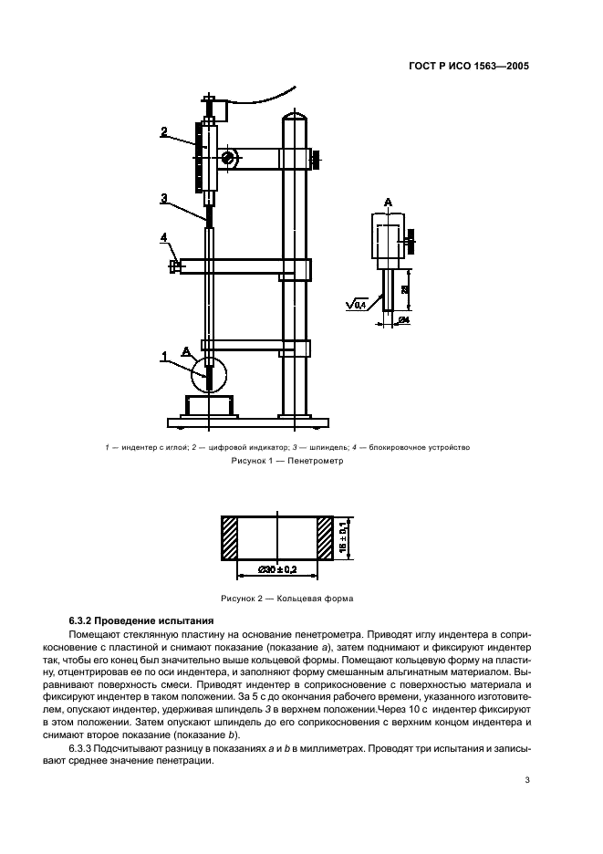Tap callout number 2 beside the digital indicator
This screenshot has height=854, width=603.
(x=163, y=131)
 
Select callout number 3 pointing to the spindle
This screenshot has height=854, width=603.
(x=163, y=198)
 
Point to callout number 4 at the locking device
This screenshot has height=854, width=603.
(x=164, y=238)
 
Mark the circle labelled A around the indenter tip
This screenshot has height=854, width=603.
(x=210, y=374)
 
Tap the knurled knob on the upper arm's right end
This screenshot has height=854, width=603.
(x=316, y=160)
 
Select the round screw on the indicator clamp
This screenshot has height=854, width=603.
(x=227, y=159)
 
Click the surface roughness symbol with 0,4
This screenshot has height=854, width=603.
(x=357, y=304)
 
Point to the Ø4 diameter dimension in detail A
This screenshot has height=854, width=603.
(x=403, y=320)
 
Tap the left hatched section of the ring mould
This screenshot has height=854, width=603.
(x=229, y=539)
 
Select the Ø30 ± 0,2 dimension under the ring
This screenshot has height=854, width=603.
(x=276, y=569)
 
